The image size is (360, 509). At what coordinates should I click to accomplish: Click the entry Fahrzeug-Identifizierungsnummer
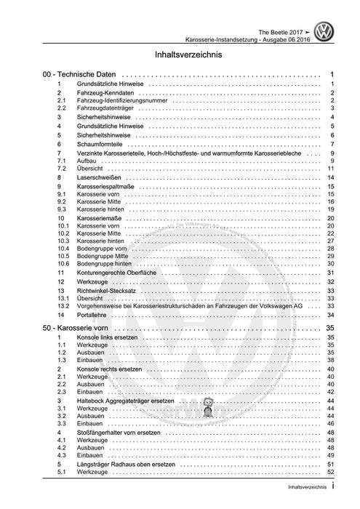coord(117,100)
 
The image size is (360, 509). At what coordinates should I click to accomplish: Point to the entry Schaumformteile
coord(100,144)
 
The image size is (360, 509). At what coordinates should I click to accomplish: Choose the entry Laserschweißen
coord(99,177)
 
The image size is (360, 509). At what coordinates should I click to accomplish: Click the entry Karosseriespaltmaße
coord(108,187)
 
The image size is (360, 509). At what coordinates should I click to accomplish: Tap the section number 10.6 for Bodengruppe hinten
coord(63,263)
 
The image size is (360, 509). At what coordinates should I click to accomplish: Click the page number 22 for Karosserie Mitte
coord(329,233)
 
